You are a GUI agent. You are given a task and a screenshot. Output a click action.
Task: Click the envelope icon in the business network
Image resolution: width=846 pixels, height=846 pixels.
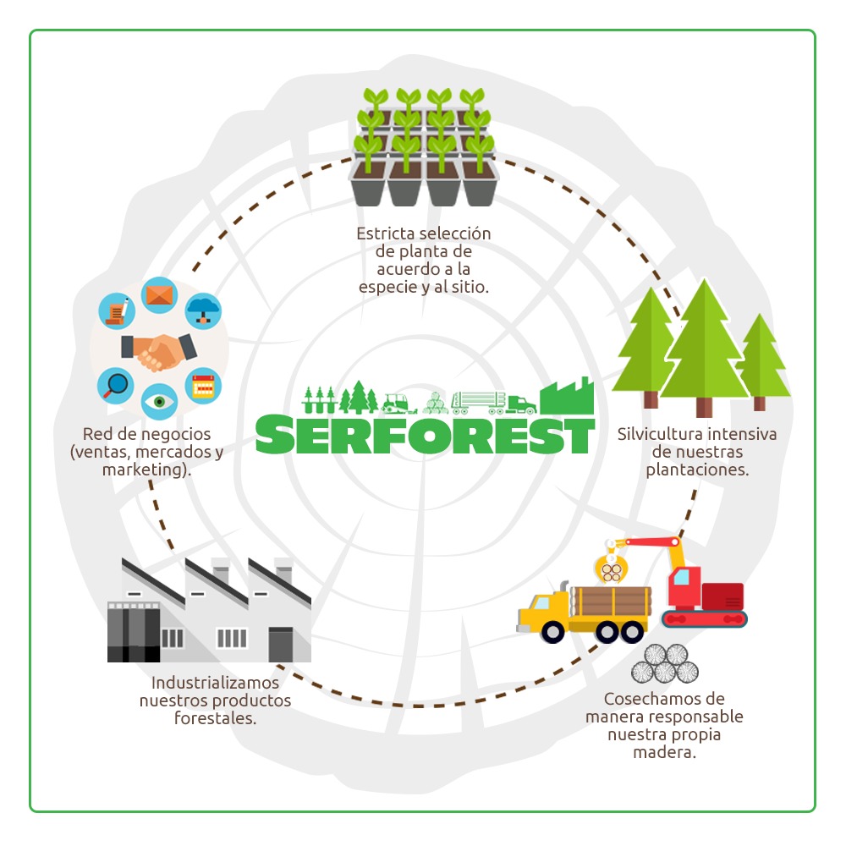tap(158, 295)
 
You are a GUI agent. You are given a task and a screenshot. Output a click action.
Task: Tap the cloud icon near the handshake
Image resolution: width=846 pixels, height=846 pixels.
tap(203, 310)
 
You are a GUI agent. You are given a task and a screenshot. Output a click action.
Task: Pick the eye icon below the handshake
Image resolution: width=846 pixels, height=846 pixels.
tap(159, 401)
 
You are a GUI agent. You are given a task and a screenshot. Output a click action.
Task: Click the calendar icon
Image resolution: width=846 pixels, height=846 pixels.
tap(203, 386)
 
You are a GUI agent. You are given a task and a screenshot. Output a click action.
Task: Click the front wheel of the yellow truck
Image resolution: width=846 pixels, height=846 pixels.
tap(553, 630)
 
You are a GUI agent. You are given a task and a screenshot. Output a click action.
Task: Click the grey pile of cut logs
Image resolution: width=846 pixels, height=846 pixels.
tap(664, 664)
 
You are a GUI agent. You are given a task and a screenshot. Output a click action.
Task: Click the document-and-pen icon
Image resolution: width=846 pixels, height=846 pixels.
tap(117, 310)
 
